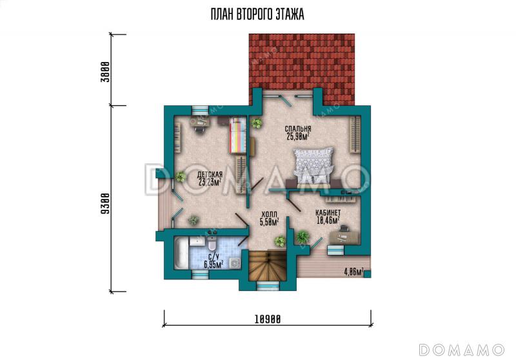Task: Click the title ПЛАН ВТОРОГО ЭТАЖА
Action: [257, 14]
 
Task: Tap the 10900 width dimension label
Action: [268, 319]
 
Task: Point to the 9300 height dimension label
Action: [104, 203]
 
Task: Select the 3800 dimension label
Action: [104, 72]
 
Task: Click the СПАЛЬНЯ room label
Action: [298, 128]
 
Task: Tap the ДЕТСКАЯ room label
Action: [210, 174]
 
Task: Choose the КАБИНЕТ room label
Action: [328, 212]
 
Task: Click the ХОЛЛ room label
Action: [269, 214]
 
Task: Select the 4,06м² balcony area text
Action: [353, 272]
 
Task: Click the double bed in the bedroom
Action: [313, 166]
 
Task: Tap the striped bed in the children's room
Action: [237, 135]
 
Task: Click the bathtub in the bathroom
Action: [181, 253]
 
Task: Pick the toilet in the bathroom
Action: [212, 243]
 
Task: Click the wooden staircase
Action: [266, 266]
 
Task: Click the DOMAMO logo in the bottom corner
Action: [462, 350]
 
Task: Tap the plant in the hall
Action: [281, 241]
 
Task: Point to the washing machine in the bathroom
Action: [235, 263]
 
